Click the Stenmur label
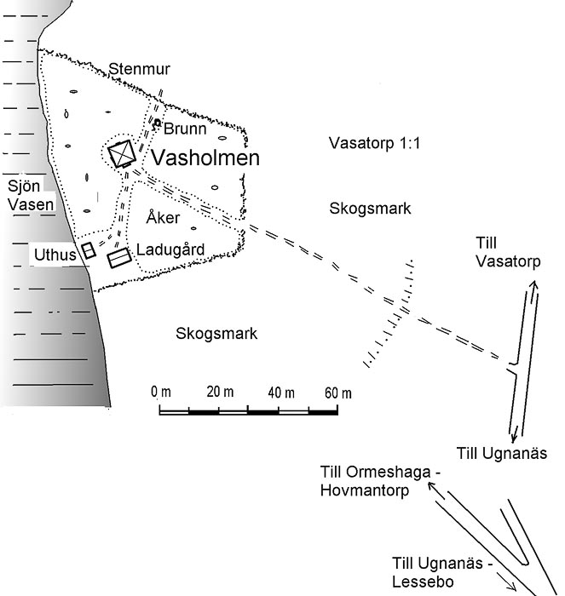[x=139, y=69]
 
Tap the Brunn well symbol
[x=157, y=123]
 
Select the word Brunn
[x=185, y=129]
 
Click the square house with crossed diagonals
[x=122, y=153]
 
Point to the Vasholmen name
[x=205, y=158]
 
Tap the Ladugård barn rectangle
[x=119, y=258]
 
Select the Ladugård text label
[x=170, y=249]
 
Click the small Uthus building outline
[x=89, y=250]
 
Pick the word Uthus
[x=55, y=255]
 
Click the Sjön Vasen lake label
[x=31, y=195]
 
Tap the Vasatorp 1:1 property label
[x=374, y=143]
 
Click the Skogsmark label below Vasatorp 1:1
[x=370, y=209]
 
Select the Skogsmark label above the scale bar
[x=216, y=334]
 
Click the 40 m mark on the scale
[x=281, y=393]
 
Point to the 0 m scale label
[x=161, y=392]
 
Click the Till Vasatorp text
[x=508, y=252]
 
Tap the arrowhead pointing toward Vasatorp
[x=533, y=286]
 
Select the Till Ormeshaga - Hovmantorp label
[x=380, y=481]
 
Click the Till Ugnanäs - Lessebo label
[x=442, y=572]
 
